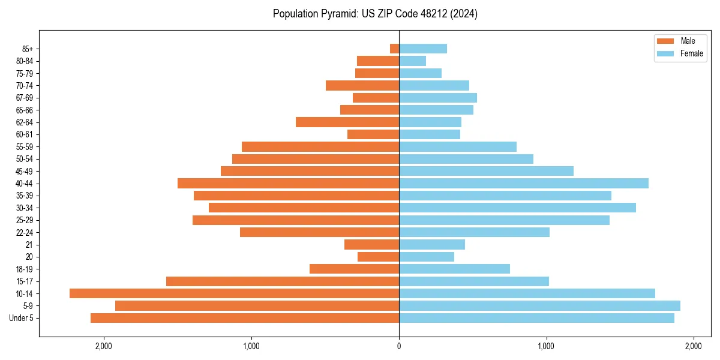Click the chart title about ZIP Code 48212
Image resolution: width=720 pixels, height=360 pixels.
point(375,14)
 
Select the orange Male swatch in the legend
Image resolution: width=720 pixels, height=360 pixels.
point(665,41)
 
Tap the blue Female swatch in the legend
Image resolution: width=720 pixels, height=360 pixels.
point(665,53)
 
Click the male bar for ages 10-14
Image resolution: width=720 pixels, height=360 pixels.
point(234,293)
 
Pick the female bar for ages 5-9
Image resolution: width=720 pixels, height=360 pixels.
point(539,305)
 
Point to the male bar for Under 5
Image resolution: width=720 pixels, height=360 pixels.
point(245,318)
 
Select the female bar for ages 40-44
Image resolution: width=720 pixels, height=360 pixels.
point(524,183)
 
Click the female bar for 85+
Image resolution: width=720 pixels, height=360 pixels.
point(423,49)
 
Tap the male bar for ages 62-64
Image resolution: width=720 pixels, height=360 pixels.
point(347,122)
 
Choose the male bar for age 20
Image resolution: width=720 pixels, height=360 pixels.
point(378,257)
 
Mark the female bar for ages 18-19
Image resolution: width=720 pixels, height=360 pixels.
point(454,269)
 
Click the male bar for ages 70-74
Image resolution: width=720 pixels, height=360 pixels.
point(362,85)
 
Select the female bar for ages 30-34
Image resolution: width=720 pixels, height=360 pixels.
point(517,208)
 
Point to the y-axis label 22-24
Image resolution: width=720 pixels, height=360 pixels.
point(25,232)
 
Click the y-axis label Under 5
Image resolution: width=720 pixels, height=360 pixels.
point(22,318)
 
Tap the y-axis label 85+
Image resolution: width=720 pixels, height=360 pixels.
point(28,49)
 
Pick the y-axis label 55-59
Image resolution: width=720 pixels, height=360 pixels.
point(25,146)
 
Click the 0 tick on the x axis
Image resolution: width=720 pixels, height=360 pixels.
point(399,346)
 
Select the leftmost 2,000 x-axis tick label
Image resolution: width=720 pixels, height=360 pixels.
point(104,346)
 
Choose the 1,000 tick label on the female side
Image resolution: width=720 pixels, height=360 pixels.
point(546,346)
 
